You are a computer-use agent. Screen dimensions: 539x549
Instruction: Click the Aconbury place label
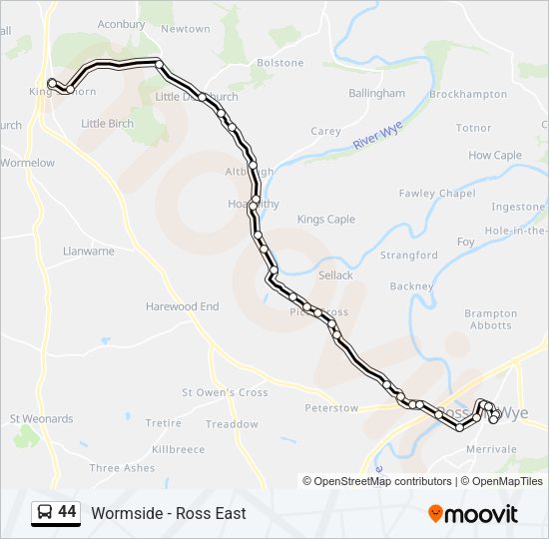click(x=122, y=24)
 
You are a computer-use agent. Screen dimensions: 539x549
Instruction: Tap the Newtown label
click(x=186, y=29)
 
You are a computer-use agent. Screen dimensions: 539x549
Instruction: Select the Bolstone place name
click(x=280, y=62)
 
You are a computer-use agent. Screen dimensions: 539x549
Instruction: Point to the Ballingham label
click(x=376, y=93)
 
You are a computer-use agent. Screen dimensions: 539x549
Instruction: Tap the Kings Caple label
click(x=326, y=219)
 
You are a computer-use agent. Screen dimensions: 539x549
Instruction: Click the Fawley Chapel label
click(x=437, y=193)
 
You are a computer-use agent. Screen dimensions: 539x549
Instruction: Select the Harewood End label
click(x=182, y=306)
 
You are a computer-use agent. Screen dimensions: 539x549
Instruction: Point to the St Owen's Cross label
click(x=225, y=392)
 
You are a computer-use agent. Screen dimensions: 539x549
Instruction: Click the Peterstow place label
click(x=331, y=408)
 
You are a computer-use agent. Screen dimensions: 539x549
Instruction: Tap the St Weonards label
click(x=41, y=418)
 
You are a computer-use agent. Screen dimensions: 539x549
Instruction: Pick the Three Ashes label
click(x=122, y=467)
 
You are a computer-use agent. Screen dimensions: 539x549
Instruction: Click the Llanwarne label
click(x=88, y=252)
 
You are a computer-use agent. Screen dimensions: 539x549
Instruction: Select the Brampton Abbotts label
click(x=491, y=319)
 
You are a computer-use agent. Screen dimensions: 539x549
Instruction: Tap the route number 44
click(x=68, y=512)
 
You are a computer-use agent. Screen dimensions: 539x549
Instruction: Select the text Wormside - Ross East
click(x=169, y=513)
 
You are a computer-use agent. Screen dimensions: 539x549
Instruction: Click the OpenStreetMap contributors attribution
click(x=378, y=481)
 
